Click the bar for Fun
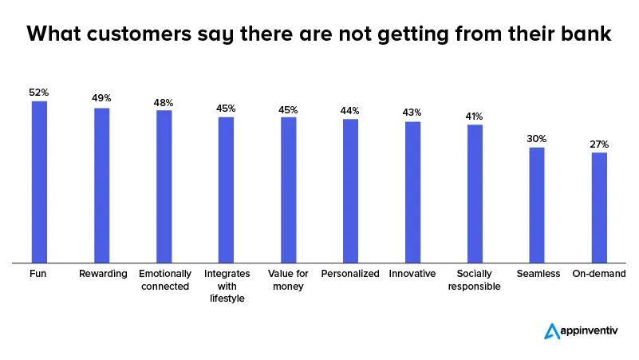39,181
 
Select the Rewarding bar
101,184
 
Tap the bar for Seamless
537,204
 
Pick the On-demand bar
599,207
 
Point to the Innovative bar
412,192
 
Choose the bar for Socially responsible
475,193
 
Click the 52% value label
39,93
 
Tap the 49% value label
101,99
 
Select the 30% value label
537,138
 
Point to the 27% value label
599,144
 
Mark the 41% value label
475,116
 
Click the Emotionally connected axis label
164,280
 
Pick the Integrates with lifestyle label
226,287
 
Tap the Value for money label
288,280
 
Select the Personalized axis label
350,274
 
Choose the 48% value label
164,102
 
